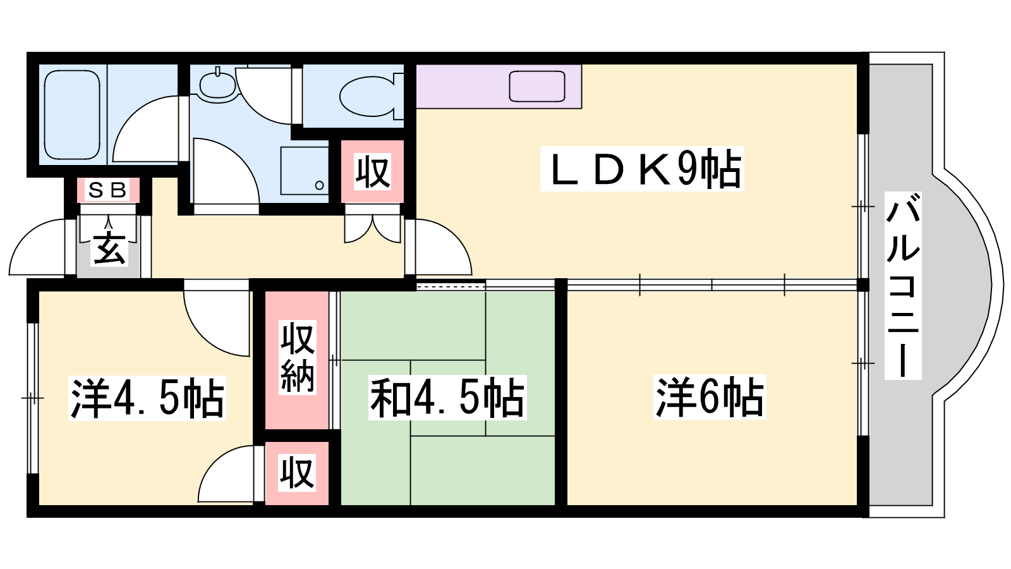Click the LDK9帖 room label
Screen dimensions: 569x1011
(x=643, y=169)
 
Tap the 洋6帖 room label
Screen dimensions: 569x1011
(x=710, y=397)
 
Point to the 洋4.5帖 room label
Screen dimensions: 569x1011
(x=147, y=398)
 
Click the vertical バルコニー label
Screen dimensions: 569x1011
(x=902, y=286)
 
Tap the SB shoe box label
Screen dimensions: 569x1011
(x=107, y=190)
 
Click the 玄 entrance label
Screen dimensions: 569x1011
(x=109, y=248)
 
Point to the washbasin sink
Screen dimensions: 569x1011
(x=217, y=84)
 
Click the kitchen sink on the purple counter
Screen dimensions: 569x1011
(x=536, y=86)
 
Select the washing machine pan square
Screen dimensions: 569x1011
(x=304, y=171)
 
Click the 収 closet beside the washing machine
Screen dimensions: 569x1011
(x=372, y=171)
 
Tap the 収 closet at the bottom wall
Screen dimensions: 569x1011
(x=297, y=472)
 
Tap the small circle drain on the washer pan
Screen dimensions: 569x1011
(x=319, y=185)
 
